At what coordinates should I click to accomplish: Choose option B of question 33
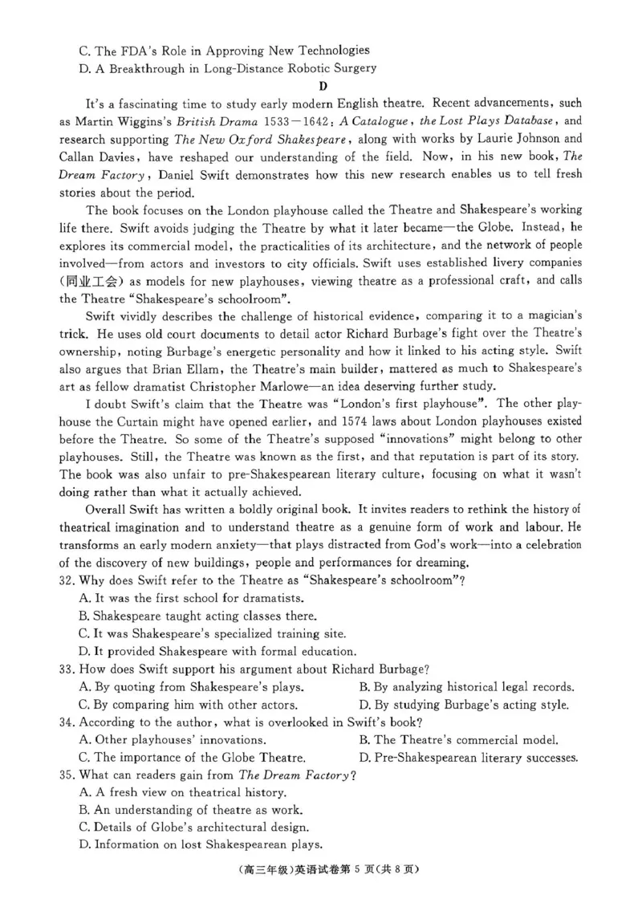point(466,687)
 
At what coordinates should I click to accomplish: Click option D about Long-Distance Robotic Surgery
point(228,68)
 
